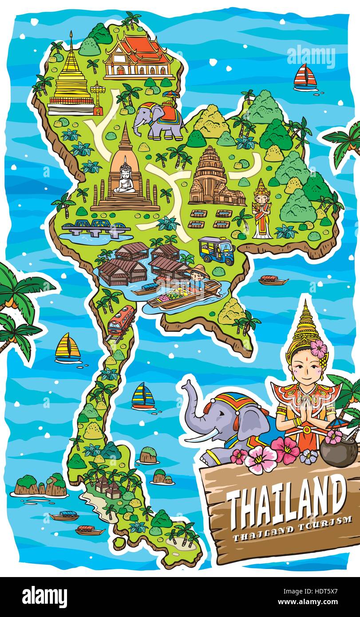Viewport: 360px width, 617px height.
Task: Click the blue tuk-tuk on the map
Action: pos(216,250)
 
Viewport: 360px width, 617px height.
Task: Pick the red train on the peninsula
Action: pos(121,320)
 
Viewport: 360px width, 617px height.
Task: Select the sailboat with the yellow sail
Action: pos(67,348)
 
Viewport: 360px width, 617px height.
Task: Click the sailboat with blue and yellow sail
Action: pos(143,396)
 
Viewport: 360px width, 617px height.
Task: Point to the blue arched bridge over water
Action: pos(95,227)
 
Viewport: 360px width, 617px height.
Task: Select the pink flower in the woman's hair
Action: pos(318,349)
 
